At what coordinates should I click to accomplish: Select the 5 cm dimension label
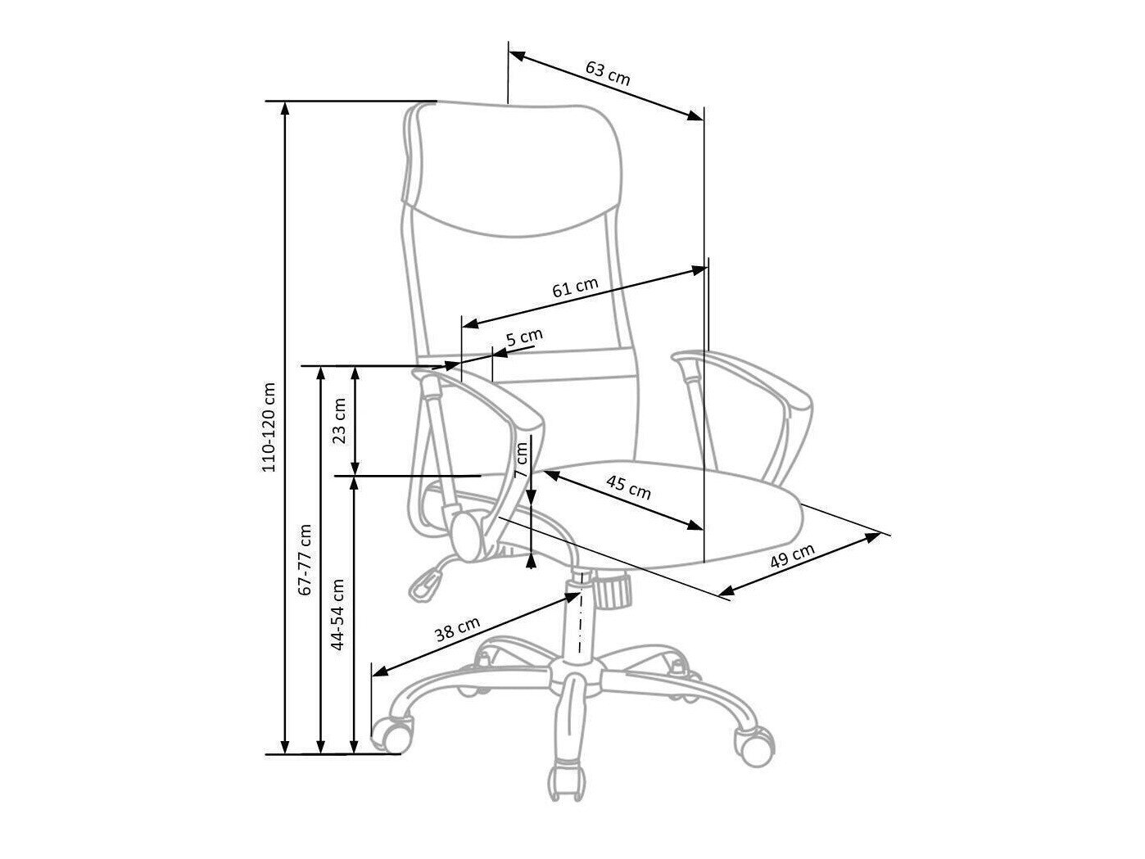pos(524,337)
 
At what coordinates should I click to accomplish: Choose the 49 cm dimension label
pos(793,558)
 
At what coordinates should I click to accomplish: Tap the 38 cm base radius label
pos(457,631)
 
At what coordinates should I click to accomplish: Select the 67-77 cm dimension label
pos(305,558)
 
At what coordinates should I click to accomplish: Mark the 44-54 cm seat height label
pos(337,614)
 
